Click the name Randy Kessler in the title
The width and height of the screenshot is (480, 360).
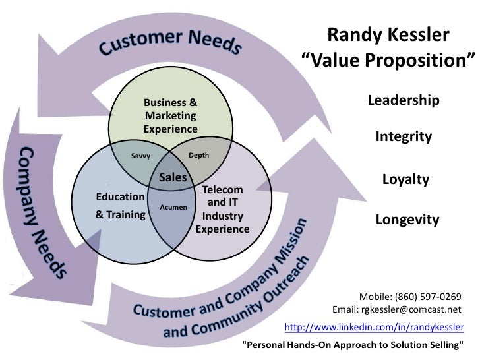coord(388,34)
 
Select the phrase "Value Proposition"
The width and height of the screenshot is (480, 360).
coord(388,61)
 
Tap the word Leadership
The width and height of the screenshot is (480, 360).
coord(404,100)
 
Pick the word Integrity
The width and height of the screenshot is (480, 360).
coord(404,137)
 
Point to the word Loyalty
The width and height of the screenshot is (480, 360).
coord(405,179)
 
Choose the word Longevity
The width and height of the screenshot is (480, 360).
coord(407,220)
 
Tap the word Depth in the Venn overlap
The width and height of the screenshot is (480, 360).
coord(198,155)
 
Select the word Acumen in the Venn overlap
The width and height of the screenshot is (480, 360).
coord(173,207)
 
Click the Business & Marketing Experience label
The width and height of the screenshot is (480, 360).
coord(171,116)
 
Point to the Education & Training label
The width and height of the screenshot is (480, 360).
coord(120,206)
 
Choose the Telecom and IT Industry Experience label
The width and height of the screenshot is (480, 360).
coord(222,210)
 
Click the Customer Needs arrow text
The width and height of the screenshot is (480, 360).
coord(171,41)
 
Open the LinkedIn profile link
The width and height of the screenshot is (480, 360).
coord(374,327)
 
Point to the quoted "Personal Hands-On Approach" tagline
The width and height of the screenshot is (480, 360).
coord(353,345)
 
